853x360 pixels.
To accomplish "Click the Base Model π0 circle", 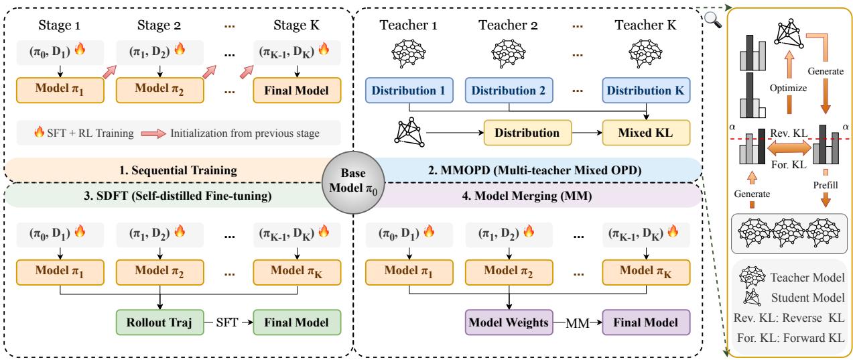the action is tap(353, 182).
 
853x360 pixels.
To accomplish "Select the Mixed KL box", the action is tap(646, 133).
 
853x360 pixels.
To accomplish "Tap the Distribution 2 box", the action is tap(509, 91).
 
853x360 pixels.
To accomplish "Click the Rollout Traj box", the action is tap(159, 322).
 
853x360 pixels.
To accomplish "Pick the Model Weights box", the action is tap(509, 322).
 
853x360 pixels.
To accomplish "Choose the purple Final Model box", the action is tap(646, 322).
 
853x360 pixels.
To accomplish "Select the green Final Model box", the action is tap(297, 322).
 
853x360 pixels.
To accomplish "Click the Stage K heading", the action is tap(296, 25).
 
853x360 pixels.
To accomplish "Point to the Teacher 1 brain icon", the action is tap(409, 53).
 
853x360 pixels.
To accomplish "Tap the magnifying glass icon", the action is tap(713, 20).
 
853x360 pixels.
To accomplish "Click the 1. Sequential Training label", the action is tap(178, 170).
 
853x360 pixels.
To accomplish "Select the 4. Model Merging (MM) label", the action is tap(527, 196).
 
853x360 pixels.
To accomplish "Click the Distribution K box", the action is tap(646, 91).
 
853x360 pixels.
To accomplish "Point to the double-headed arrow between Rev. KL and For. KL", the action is tap(789, 148).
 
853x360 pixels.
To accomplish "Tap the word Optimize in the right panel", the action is tap(788, 88).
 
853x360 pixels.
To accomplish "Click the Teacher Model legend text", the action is tap(807, 278).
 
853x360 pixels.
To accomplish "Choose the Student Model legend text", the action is tap(807, 298).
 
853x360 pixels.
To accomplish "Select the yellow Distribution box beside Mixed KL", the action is tap(527, 133).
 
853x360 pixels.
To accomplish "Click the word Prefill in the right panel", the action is tap(826, 185).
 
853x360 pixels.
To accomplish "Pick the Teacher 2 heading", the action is tap(508, 25).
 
